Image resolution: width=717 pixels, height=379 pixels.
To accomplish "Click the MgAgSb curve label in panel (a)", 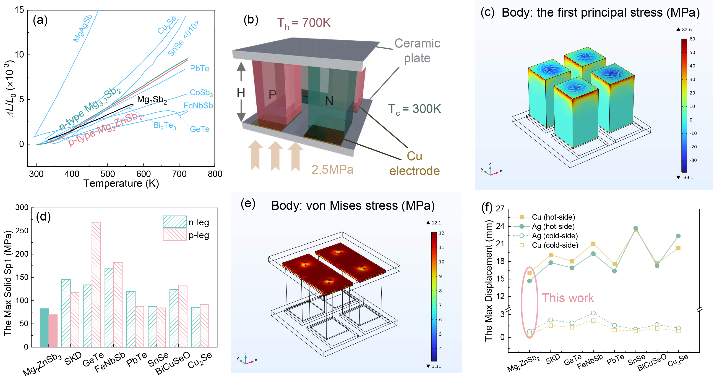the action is pyautogui.click(x=82, y=28).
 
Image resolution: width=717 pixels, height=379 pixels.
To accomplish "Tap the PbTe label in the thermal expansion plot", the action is pyautogui.click(x=199, y=68).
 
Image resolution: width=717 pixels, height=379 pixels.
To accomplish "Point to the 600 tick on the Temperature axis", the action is pyautogui.click(x=143, y=174).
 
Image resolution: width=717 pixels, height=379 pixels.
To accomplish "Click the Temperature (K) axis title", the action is pyautogui.click(x=121, y=184).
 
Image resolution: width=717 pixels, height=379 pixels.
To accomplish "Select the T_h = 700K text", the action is pyautogui.click(x=304, y=23).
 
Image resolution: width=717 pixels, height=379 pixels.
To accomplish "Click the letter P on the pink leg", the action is pyautogui.click(x=272, y=95).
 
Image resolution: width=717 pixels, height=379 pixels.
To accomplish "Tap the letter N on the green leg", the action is pyautogui.click(x=329, y=101).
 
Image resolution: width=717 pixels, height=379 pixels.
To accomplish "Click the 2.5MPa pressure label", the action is pyautogui.click(x=332, y=170).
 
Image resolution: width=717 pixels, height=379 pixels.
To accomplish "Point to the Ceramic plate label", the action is pyautogui.click(x=417, y=51).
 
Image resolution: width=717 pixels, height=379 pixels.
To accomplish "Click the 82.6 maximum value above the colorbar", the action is pyautogui.click(x=687, y=29).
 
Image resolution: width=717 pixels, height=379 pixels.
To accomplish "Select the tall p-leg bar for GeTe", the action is pyautogui.click(x=96, y=284).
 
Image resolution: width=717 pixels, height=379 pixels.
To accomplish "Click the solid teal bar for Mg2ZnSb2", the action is pyautogui.click(x=44, y=328).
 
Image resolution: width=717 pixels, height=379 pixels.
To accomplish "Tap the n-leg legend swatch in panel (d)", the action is pyautogui.click(x=175, y=222).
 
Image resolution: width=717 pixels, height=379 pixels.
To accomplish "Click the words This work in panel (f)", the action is pyautogui.click(x=568, y=298).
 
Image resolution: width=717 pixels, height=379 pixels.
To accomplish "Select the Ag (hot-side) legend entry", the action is pyautogui.click(x=544, y=226).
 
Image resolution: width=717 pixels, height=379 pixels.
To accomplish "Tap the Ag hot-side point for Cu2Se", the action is pyautogui.click(x=678, y=236).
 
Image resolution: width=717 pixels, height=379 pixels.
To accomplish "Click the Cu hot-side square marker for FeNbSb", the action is pyautogui.click(x=593, y=244).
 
